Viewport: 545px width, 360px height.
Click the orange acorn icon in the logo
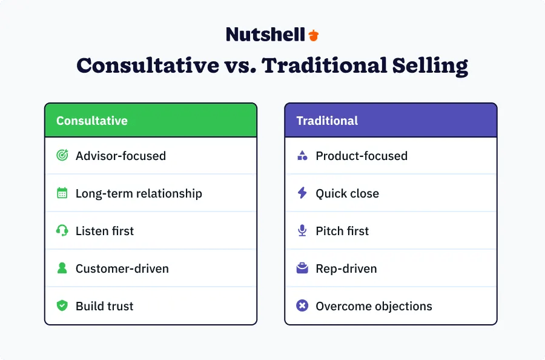coord(313,35)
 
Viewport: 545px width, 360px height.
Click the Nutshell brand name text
coord(265,35)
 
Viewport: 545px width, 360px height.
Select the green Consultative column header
coord(151,121)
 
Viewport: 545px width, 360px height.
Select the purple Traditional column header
coord(391,121)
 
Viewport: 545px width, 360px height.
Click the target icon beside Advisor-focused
coord(62,156)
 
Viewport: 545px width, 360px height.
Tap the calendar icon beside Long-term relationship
coord(62,193)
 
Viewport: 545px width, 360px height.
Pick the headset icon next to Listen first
coord(62,231)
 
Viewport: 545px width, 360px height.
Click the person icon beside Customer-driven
coord(62,268)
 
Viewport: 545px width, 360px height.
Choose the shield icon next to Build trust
coord(62,306)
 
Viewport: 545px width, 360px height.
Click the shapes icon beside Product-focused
coord(302,156)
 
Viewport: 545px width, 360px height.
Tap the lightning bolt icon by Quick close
coord(302,193)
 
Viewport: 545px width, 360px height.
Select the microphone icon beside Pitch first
coord(302,231)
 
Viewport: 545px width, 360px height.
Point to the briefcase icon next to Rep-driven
coord(302,268)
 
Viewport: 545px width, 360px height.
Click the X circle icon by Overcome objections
coord(302,306)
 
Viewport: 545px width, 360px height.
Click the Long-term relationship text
coord(139,194)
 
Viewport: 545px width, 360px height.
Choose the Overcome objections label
coord(374,307)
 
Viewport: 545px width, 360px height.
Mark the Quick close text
coord(347,194)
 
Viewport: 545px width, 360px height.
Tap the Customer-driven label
coord(122,269)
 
